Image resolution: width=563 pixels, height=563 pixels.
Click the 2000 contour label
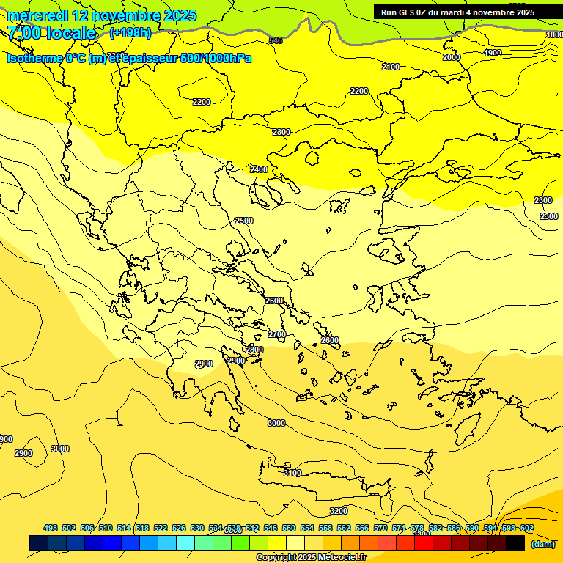pyautogui.click(x=452, y=57)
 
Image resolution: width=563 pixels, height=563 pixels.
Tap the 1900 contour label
pyautogui.click(x=493, y=53)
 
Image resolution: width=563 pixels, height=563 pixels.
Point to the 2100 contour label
pyautogui.click(x=391, y=67)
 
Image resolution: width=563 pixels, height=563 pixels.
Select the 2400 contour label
pyautogui.click(x=259, y=169)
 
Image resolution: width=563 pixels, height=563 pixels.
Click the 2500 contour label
pyautogui.click(x=243, y=221)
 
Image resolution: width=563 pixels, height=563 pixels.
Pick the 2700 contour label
pyautogui.click(x=276, y=334)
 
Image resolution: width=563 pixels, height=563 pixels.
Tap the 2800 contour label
pyautogui.click(x=254, y=350)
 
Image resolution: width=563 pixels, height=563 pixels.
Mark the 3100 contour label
pyautogui.click(x=292, y=473)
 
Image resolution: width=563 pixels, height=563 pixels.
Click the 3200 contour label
pyautogui.click(x=338, y=511)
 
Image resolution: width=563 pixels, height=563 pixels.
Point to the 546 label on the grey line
pyautogui.click(x=276, y=40)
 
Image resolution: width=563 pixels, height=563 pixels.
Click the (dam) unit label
pyautogui.click(x=542, y=544)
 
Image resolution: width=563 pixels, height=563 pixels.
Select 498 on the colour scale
pyautogui.click(x=51, y=528)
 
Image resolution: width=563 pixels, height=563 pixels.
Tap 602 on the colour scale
pyautogui.click(x=526, y=528)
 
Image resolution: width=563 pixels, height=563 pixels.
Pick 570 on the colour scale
pyautogui.click(x=380, y=528)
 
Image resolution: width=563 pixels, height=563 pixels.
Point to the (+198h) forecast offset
pyautogui.click(x=130, y=33)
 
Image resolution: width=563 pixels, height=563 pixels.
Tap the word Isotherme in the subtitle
pyautogui.click(x=34, y=58)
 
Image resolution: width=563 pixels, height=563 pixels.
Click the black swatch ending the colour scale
pyautogui.click(x=515, y=543)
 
